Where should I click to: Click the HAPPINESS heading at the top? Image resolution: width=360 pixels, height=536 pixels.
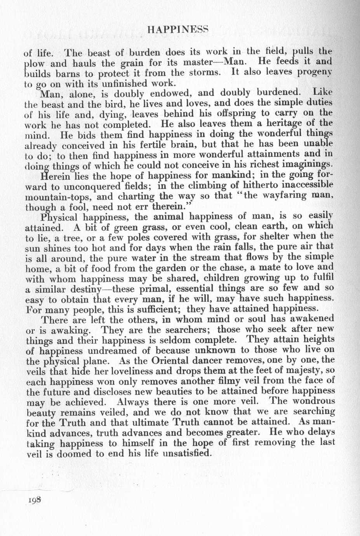pos(179,30)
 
